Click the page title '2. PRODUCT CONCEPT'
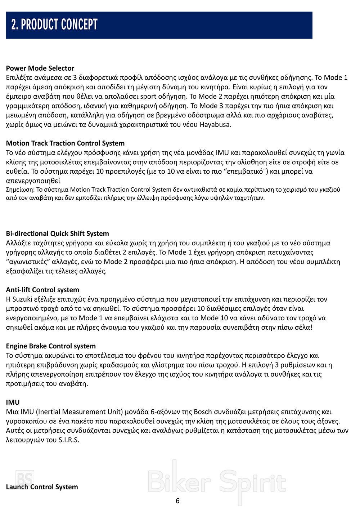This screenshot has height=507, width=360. coord(54,25)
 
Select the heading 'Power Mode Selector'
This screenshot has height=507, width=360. coord(40,68)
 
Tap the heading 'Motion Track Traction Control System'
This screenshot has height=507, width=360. coord(65,143)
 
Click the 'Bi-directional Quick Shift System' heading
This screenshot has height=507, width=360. coord(57,234)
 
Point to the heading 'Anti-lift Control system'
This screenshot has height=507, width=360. coord(42,290)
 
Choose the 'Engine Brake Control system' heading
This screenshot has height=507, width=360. coord(51,346)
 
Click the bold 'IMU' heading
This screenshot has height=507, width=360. coord(13,402)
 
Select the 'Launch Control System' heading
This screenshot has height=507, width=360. coord(42,487)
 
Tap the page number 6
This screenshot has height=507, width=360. coord(177,501)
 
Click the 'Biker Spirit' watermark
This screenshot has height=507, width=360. coord(217,482)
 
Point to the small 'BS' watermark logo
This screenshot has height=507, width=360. coord(25,479)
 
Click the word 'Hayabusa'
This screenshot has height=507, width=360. coord(215,125)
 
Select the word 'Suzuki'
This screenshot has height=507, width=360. coord(22,299)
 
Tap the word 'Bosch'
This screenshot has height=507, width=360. coord(203,412)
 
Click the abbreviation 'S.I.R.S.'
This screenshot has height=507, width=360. coord(69,440)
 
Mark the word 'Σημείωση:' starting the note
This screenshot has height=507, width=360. coord(20,190)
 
